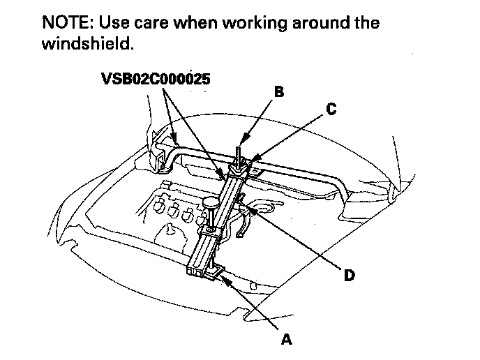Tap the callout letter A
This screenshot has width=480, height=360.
285,339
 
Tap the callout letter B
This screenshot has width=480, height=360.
280,91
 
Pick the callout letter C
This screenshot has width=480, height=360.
331,109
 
